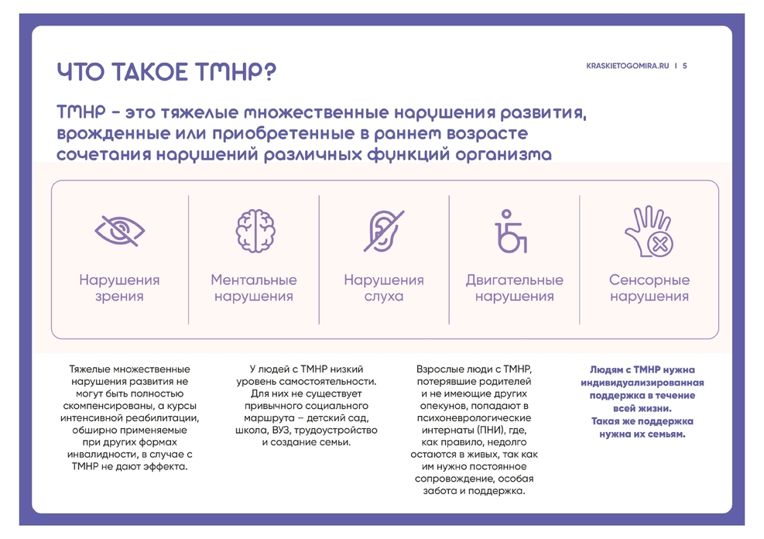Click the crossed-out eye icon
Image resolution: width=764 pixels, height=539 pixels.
(119, 231)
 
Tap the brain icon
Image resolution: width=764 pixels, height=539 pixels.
(255, 231)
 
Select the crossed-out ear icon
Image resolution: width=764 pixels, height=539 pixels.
(384, 231)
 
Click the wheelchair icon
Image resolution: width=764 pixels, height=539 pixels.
(511, 232)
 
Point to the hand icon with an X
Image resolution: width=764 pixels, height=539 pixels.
(649, 232)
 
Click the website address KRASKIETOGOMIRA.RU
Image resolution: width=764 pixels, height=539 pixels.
(628, 66)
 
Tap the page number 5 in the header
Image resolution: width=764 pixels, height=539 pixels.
(684, 66)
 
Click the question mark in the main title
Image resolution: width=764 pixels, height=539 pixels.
(270, 72)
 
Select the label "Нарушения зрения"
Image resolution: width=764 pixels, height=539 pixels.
(119, 288)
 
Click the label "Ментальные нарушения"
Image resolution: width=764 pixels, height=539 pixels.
(254, 288)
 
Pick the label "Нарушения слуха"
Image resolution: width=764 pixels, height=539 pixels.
(384, 288)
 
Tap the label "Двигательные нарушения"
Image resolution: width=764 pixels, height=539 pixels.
(515, 288)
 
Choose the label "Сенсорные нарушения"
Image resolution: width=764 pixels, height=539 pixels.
(649, 288)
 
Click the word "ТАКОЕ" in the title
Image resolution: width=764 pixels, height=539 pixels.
(150, 72)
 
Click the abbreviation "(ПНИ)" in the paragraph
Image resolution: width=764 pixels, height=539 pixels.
(498, 431)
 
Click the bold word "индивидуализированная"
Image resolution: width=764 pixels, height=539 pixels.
(642, 383)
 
